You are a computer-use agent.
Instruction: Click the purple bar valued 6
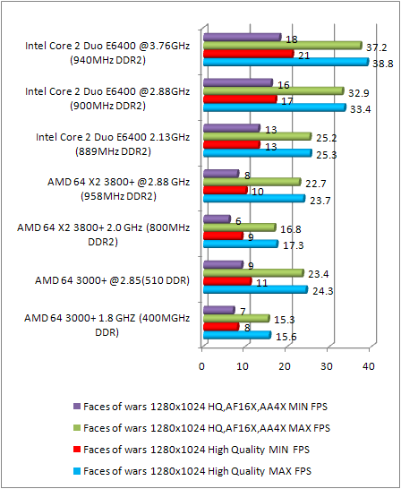point(216,219)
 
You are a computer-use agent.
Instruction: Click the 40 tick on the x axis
point(368,366)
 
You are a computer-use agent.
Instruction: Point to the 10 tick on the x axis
point(243,366)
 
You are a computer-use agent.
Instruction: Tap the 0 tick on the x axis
point(202,366)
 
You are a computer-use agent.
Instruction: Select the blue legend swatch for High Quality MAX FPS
point(72,469)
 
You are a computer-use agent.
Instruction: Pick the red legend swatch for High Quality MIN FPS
point(72,447)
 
